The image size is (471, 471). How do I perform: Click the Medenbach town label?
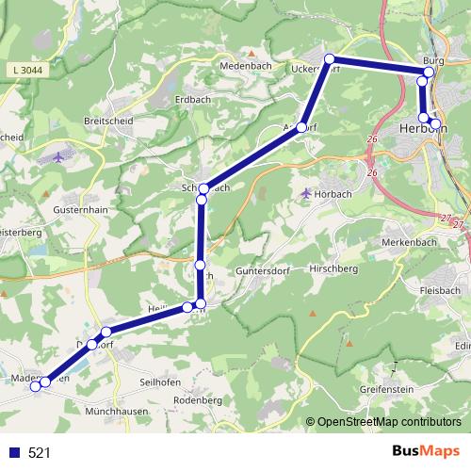click(245, 67)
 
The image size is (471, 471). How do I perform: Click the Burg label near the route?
click(433, 57)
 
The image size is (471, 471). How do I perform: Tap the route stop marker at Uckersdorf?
click(330, 59)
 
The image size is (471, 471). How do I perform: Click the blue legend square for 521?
click(13, 453)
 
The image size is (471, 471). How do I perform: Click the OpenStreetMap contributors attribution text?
click(388, 422)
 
